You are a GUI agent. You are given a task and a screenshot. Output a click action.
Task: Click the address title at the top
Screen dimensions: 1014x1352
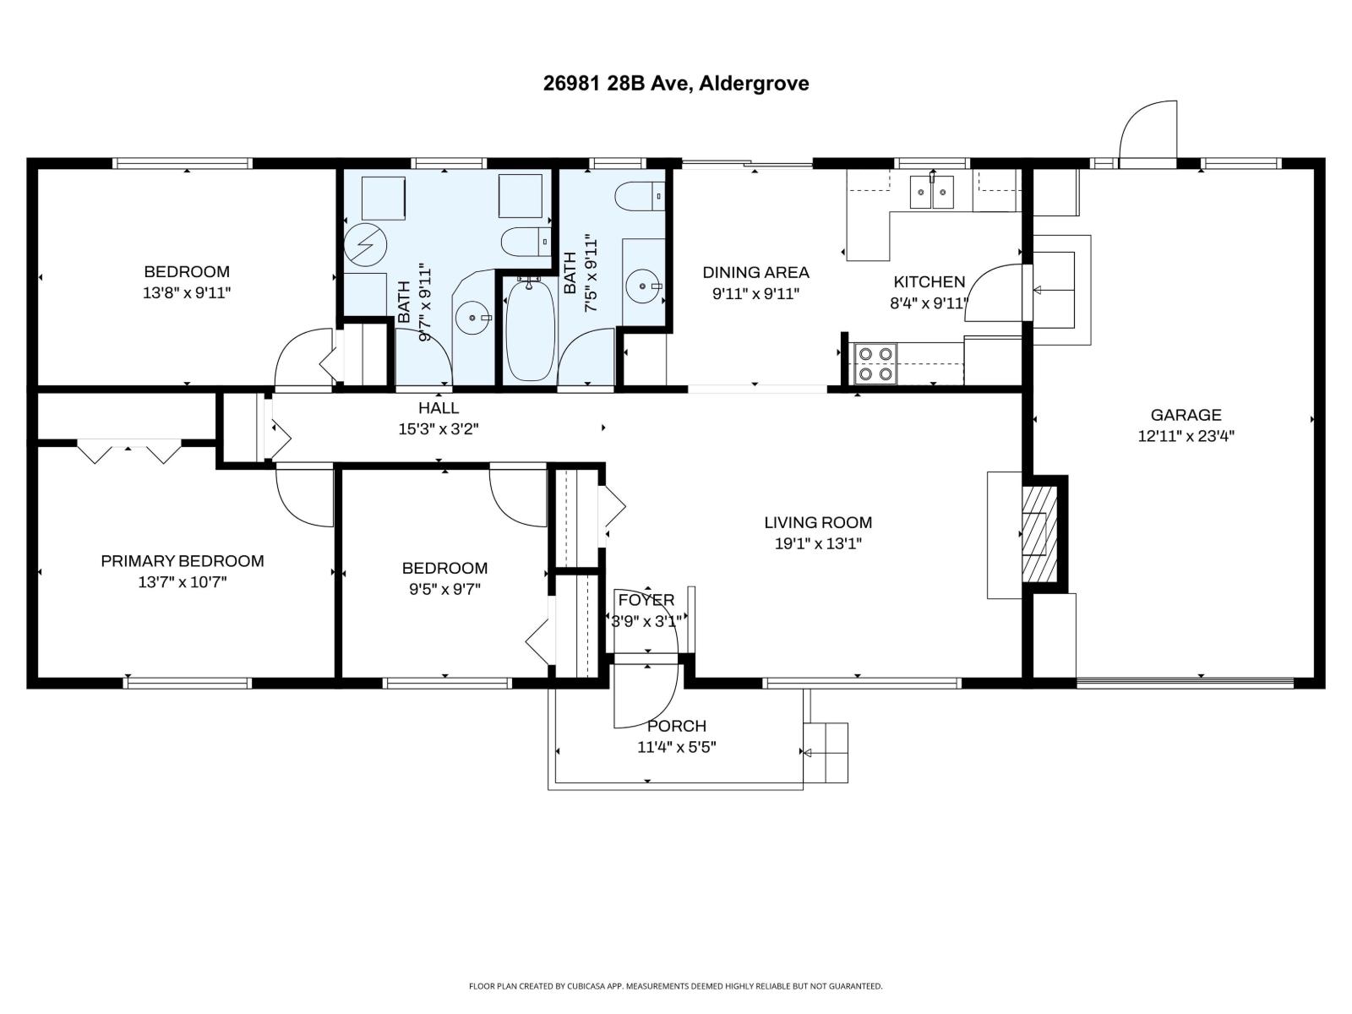pos(675,83)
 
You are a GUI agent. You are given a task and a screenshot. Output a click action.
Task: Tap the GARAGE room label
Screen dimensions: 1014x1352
pos(1186,415)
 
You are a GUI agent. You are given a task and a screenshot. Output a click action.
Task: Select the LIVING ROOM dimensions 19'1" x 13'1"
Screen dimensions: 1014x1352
pos(817,544)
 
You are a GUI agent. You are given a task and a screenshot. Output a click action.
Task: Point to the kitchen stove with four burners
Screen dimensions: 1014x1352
pos(875,363)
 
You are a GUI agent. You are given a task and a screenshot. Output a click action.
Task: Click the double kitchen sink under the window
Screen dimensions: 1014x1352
pos(932,193)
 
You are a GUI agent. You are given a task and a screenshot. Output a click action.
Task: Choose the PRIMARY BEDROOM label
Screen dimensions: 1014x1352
pos(183,561)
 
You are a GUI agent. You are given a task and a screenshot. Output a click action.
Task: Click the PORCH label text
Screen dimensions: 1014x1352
pos(676,726)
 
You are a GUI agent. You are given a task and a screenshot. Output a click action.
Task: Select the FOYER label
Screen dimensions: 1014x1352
pos(646,600)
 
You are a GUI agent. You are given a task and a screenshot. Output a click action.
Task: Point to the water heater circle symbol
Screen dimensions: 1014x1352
pos(366,244)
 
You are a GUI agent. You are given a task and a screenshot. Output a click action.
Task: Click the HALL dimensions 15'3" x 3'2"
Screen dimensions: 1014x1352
pos(439,429)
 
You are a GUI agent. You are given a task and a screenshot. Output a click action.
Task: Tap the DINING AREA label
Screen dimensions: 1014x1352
pos(755,272)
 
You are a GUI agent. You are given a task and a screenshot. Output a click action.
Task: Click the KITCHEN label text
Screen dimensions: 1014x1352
pos(929,282)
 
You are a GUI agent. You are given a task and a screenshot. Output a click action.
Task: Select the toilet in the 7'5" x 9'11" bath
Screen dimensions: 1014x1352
pos(640,197)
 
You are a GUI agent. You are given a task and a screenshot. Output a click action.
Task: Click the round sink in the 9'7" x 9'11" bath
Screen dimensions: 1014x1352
pos(471,319)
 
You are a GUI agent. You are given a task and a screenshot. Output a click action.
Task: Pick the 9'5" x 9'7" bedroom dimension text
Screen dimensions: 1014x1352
pos(444,589)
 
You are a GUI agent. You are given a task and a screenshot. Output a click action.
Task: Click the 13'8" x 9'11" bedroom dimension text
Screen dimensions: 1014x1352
pos(187,293)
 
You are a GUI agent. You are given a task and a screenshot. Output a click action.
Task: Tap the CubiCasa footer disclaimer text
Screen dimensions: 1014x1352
pos(675,986)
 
